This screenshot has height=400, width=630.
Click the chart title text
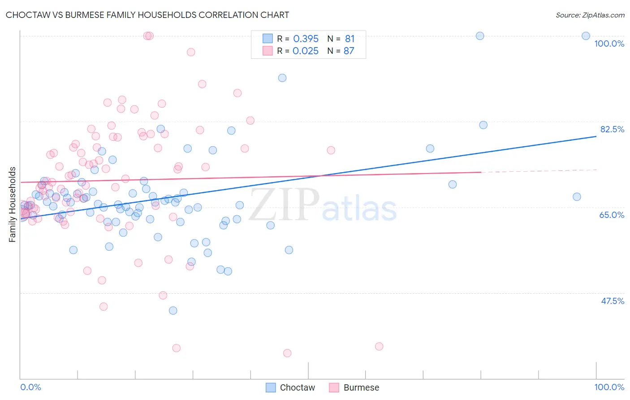coord(147,15)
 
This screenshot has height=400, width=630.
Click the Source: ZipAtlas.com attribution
coord(590,15)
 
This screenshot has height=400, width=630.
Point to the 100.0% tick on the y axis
coord(609,43)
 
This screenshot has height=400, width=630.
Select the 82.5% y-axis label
coord(612,129)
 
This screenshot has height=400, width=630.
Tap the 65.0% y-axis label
coord(612,215)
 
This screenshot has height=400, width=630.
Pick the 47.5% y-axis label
coord(612,301)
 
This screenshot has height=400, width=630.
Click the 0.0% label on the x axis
coord(30,387)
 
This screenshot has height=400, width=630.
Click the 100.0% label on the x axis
coord(609,387)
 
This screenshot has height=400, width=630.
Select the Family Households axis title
coord(13,204)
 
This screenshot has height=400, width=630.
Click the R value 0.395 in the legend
coord(306,39)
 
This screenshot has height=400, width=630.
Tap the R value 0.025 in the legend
coord(306,51)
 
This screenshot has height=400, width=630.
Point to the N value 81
coord(350,39)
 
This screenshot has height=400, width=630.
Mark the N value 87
coord(349,51)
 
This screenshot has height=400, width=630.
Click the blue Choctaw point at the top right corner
coord(586,36)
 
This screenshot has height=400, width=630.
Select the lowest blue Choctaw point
coord(173,310)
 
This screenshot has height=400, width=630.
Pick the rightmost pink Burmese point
coord(379,346)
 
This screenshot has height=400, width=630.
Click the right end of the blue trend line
coord(596,136)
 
